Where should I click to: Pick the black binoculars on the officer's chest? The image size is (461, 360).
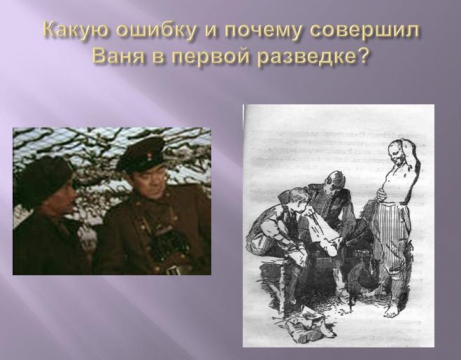(x=169, y=247)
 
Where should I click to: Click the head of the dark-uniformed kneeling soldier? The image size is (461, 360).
(x=333, y=182)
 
